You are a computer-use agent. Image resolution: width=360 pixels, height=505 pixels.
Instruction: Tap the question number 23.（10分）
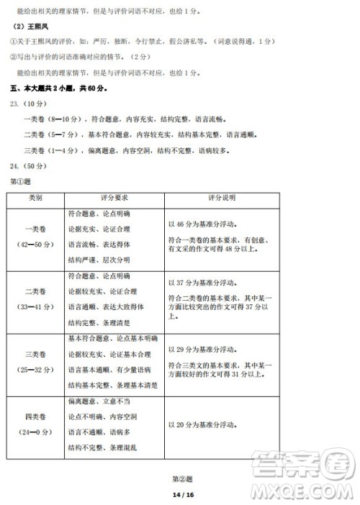tap(29, 104)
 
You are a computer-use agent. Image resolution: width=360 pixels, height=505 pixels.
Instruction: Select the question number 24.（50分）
tap(29, 166)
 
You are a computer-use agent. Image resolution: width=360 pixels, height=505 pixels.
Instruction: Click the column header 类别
tap(35, 196)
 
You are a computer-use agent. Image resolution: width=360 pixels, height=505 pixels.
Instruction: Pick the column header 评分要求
tap(114, 196)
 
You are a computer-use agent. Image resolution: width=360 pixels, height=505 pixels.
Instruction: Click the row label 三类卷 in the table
tap(35, 355)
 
